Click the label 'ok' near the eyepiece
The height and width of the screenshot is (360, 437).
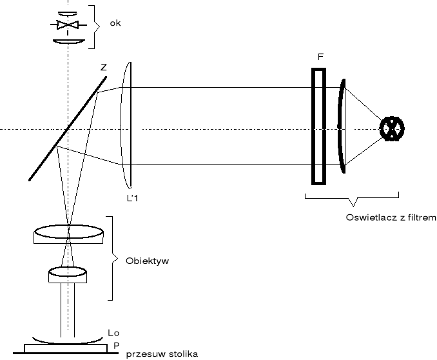point(115,24)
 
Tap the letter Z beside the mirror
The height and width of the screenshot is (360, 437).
point(104,66)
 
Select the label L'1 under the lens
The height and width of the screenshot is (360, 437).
point(132,199)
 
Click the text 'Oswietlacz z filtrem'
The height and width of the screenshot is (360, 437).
point(391,217)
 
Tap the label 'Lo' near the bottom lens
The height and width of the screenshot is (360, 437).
point(113,332)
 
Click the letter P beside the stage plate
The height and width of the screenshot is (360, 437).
point(116,345)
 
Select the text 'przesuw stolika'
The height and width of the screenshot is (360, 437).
point(161,354)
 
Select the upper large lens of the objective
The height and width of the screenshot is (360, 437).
point(68,234)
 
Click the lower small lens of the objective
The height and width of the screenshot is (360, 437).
point(68,275)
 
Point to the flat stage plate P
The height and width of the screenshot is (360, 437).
point(66,348)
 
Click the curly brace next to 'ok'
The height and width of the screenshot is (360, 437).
point(94,26)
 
